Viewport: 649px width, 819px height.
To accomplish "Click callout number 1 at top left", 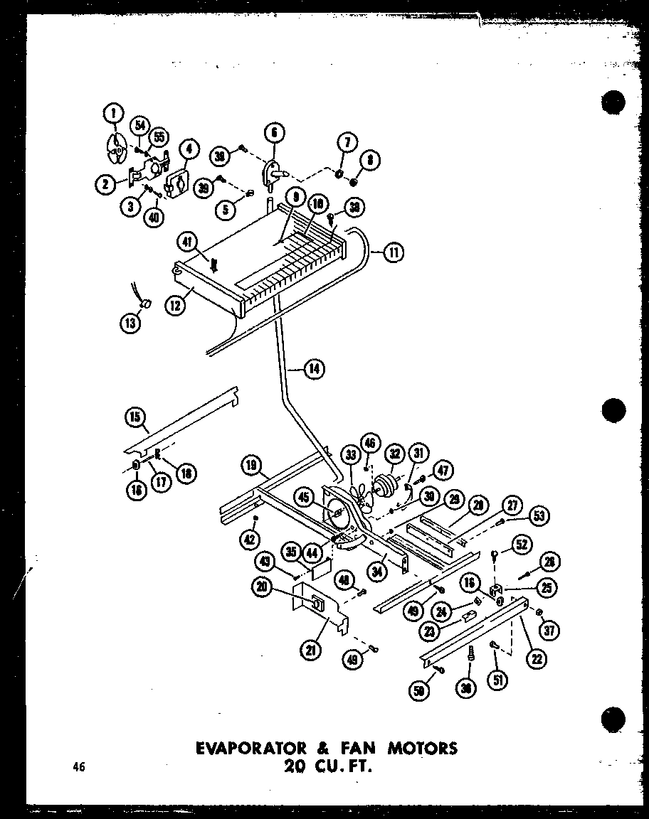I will click(x=113, y=113).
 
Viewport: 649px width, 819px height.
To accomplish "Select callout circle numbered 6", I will click(x=273, y=132).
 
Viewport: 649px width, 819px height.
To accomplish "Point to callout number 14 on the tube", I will click(x=313, y=368).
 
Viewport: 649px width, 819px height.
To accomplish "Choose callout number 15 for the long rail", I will click(x=135, y=417).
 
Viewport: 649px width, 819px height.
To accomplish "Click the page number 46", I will click(x=78, y=766).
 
